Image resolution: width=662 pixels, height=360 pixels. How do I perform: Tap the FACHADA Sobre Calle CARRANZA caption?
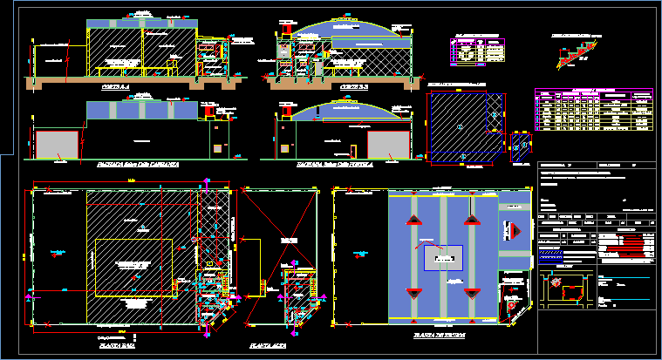(139, 163)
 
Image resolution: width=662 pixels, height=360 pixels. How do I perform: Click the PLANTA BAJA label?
(113, 345)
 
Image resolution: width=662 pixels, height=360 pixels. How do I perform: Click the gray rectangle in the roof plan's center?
(443, 258)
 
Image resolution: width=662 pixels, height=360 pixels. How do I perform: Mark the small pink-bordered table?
(479, 49)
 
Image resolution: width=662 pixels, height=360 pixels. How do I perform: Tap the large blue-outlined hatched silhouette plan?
(465, 123)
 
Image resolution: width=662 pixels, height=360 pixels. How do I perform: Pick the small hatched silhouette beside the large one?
(521, 147)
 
